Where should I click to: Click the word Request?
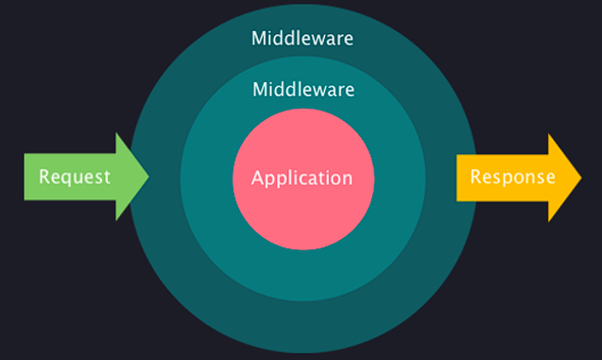coord(75,177)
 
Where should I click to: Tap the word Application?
coord(301,178)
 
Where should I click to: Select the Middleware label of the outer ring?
coord(302,39)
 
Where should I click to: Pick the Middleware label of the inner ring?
coord(302,90)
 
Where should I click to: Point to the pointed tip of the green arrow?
coord(148,177)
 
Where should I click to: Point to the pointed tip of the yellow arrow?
coord(581,177)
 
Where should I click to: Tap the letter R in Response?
coord(476,177)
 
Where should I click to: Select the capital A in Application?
coord(258,178)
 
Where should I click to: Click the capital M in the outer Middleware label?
coord(258,39)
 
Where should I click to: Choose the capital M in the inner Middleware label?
coord(258,90)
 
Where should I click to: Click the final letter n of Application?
coord(347,178)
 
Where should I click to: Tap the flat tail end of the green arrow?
coord(26,177)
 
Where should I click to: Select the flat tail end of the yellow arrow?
coord(459,177)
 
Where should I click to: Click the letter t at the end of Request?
coord(107,177)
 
